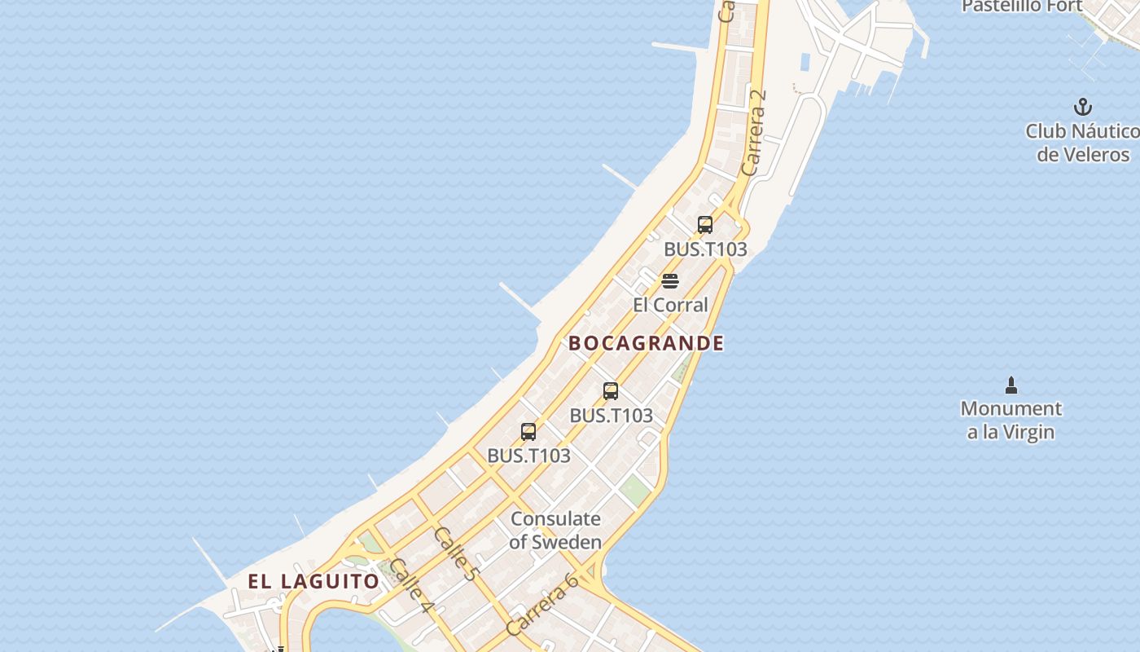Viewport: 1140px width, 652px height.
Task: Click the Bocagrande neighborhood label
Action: pos(646,343)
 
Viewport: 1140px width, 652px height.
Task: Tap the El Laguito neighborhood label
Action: pos(313,581)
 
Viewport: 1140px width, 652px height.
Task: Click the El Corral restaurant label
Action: pos(670,305)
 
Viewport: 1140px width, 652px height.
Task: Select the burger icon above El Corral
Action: pos(670,282)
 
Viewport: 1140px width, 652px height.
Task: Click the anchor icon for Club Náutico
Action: pos(1082,107)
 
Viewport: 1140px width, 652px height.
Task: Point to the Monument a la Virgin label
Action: pos(1011,420)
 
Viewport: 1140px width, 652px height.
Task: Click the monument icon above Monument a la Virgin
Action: pos(1011,385)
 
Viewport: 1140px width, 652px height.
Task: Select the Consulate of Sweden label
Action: pos(555,530)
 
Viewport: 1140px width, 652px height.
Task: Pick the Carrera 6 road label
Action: pos(541,604)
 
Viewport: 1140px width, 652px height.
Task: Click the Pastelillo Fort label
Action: pos(1022,7)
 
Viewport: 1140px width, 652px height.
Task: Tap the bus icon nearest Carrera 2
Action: pos(705,225)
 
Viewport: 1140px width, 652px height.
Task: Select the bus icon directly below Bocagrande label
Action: pos(611,391)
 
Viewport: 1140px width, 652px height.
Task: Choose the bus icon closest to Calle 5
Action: pos(528,432)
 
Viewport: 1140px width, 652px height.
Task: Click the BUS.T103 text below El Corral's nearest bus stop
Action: pos(705,249)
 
